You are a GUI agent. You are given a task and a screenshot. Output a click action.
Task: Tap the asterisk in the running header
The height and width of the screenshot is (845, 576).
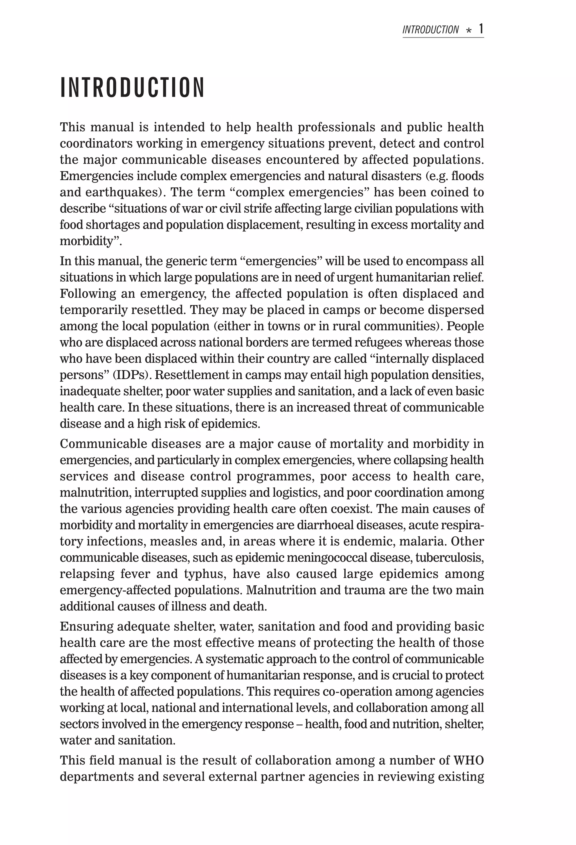click(469, 31)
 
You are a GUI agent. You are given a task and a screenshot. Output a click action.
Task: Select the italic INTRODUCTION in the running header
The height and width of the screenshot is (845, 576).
click(430, 30)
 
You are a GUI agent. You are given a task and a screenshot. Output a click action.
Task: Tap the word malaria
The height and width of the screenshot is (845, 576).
click(422, 541)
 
